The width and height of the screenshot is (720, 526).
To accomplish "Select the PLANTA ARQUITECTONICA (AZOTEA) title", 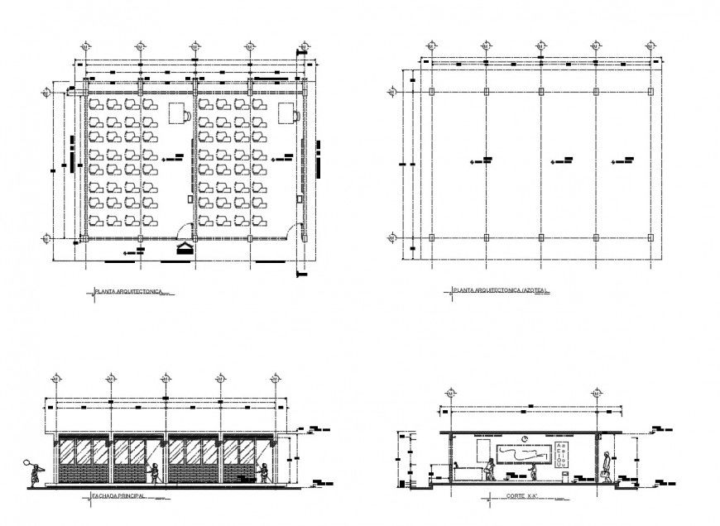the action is [502, 291].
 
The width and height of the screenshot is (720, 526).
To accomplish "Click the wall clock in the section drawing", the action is [525, 438].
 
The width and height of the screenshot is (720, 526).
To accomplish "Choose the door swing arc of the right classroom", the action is [293, 230].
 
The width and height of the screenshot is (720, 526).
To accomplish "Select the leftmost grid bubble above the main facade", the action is [55, 379].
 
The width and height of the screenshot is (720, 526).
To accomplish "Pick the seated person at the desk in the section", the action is [490, 469].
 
